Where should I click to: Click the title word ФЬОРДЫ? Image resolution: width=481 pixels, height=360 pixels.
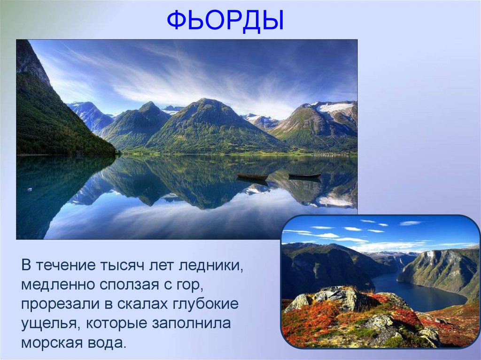[x=225, y=21]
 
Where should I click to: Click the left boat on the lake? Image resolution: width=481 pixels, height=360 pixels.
[x=252, y=176]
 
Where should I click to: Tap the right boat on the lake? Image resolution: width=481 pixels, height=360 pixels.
[x=304, y=176]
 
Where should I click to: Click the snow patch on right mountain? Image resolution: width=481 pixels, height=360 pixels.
[x=335, y=107]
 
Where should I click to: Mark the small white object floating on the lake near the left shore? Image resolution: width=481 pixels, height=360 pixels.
[x=30, y=189]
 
